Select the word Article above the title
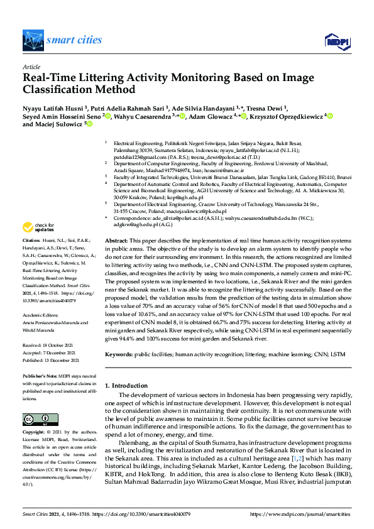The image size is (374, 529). click(30, 66)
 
